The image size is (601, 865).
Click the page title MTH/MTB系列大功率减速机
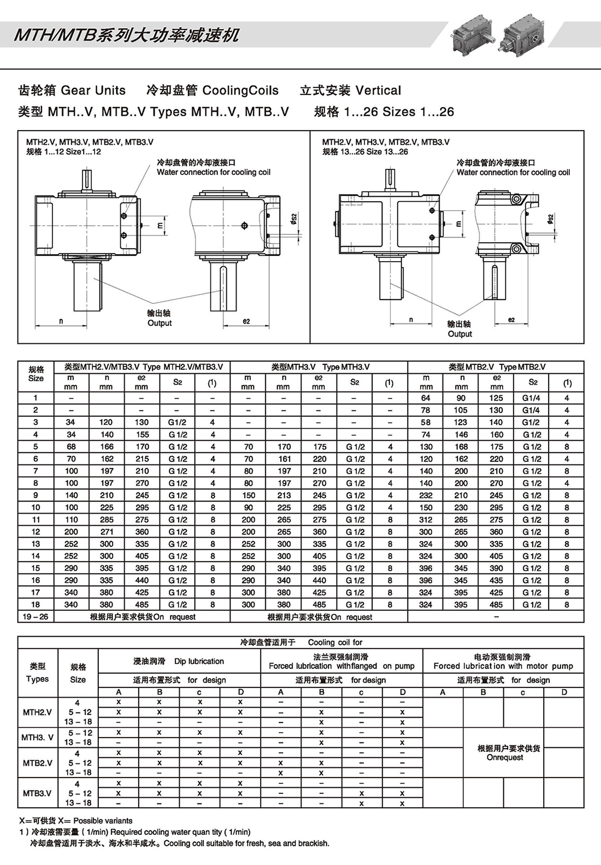(126, 36)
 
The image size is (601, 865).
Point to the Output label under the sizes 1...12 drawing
(160, 323)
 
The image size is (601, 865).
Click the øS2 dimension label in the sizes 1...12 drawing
(293, 219)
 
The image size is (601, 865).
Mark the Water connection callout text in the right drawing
(513, 172)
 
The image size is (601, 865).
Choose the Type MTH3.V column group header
(319, 367)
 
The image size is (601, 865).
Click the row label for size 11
(36, 520)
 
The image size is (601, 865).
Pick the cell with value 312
(426, 520)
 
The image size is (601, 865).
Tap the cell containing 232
(426, 495)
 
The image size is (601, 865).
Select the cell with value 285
(107, 520)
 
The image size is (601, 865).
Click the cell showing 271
(107, 532)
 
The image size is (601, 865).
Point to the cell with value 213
(284, 495)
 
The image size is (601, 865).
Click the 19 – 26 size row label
(36, 617)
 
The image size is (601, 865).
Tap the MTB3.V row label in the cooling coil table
(37, 793)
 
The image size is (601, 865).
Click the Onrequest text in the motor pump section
(505, 757)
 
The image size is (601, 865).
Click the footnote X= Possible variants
(75, 821)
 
